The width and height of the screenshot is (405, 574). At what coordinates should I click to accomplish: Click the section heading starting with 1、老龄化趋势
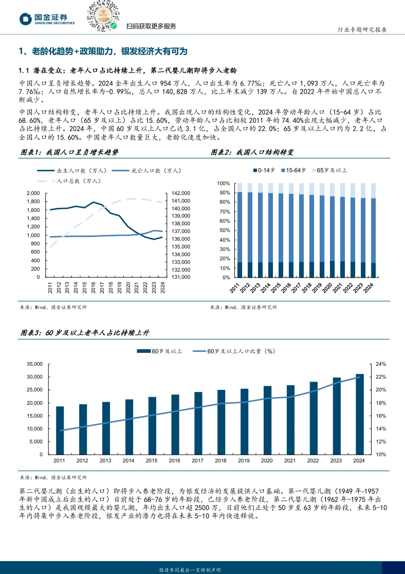click(x=103, y=51)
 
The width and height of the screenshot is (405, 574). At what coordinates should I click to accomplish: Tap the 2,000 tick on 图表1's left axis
click(x=33, y=193)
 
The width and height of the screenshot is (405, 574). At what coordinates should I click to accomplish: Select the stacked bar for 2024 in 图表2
click(x=373, y=230)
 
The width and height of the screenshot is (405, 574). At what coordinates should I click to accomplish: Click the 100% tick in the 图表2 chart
click(x=223, y=184)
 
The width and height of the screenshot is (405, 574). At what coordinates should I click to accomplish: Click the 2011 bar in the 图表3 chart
click(x=60, y=430)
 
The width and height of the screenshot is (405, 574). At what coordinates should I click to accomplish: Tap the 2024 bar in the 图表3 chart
click(x=360, y=414)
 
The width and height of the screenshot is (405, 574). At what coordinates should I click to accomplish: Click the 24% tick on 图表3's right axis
click(x=381, y=364)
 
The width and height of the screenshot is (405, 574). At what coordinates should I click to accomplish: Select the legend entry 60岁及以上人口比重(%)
click(x=241, y=351)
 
